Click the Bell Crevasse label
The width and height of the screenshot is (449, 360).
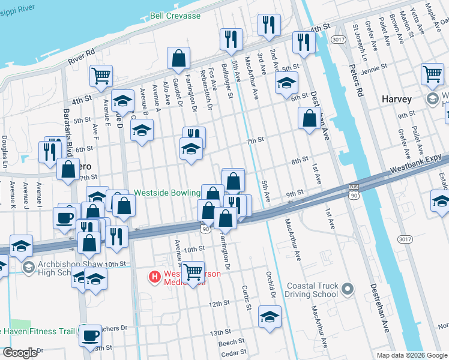click(x=175, y=16)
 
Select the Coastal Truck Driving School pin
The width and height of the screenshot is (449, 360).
click(x=346, y=291)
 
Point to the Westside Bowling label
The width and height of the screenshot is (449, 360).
click(x=166, y=193)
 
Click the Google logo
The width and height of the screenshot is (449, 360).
click(x=20, y=353)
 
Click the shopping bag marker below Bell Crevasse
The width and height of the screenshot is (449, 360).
click(x=179, y=59)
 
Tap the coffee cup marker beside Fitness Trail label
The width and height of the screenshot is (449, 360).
click(x=91, y=336)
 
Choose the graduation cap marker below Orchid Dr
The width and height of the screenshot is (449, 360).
click(x=270, y=316)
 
